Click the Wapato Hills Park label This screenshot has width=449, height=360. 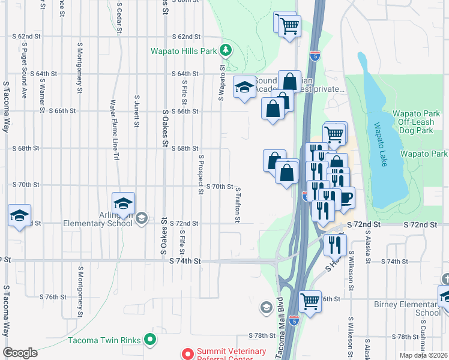click(x=184, y=51)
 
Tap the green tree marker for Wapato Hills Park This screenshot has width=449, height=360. click(x=226, y=50)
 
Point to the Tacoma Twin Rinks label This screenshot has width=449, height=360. click(x=105, y=340)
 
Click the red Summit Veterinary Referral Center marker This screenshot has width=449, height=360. click(x=187, y=354)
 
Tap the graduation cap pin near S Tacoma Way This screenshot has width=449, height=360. click(x=19, y=215)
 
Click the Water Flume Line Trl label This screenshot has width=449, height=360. click(x=112, y=130)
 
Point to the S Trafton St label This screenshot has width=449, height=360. click(x=238, y=204)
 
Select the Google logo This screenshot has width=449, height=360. click(x=20, y=353)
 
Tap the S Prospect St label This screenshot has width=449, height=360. click(x=201, y=174)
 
